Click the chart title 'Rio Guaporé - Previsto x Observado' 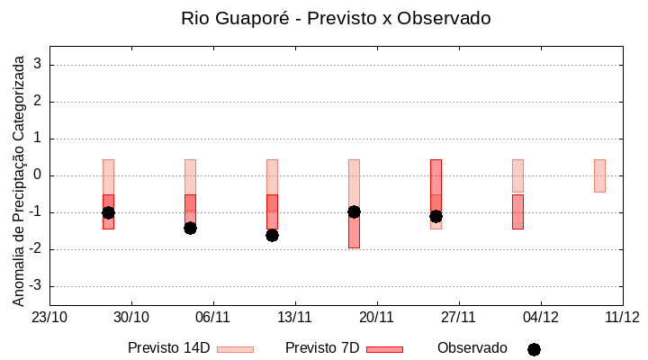pos(336,18)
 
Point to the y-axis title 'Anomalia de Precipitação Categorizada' pos(18,177)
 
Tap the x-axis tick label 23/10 pos(49,317)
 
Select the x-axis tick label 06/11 pos(213,317)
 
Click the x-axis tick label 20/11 pos(377,317)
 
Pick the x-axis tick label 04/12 pos(541,317)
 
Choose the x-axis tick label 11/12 pos(622,317)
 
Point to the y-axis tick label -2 pos(36,249)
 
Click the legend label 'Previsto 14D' pos(168,348)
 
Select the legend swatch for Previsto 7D pos(384,349)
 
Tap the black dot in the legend pos(534,349)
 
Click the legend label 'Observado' pos(472,348)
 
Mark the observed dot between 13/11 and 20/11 pos(354,211)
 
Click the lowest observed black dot pos(272,235)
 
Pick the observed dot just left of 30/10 pos(108,212)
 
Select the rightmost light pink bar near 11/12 pos(599,175)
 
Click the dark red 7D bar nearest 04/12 pos(517,211)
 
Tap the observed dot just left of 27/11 pos(436,216)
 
